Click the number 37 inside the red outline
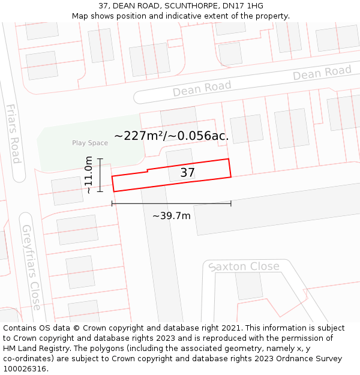(x=188, y=173)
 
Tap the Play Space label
(x=90, y=143)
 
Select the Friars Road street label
(x=13, y=133)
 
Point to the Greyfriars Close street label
(x=31, y=267)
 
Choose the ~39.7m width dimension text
(x=171, y=216)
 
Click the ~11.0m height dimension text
(x=88, y=175)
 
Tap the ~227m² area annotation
(x=171, y=136)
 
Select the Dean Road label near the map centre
(x=202, y=89)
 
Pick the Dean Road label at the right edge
(x=322, y=73)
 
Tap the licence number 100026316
(x=26, y=368)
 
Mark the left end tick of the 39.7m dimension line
(x=112, y=204)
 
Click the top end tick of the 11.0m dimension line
(x=100, y=159)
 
